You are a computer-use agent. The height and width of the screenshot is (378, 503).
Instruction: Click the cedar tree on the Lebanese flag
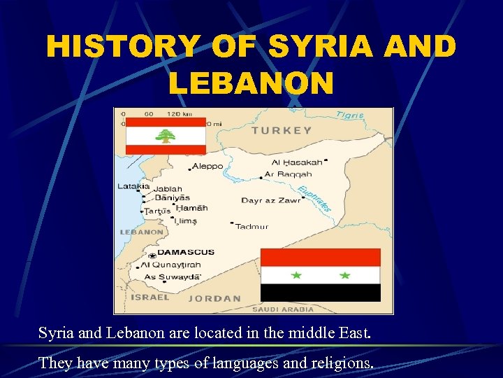tap(166, 135)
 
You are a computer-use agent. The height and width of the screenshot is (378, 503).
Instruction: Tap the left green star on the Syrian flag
tap(296, 275)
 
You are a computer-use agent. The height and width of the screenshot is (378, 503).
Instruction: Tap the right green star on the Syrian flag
tap(344, 275)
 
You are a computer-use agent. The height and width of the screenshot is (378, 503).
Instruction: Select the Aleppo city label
tap(207, 166)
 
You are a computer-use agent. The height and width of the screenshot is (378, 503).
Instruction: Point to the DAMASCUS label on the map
tap(186, 252)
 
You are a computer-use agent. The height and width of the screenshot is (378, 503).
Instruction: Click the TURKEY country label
tap(282, 130)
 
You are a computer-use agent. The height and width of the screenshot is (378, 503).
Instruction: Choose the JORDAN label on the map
tap(214, 298)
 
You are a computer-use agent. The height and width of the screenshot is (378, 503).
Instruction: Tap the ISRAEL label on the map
tap(150, 297)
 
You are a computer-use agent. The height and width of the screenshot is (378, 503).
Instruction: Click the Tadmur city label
tap(251, 226)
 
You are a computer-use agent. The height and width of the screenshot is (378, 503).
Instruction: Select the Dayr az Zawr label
tap(270, 200)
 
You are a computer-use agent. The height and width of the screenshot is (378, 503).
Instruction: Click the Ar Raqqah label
tap(289, 174)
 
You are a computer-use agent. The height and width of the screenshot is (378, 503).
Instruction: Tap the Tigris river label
tap(350, 115)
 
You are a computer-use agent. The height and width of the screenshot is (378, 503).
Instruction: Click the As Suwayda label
tap(172, 277)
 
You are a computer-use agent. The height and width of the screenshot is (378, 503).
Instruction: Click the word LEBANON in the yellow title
tap(251, 83)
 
